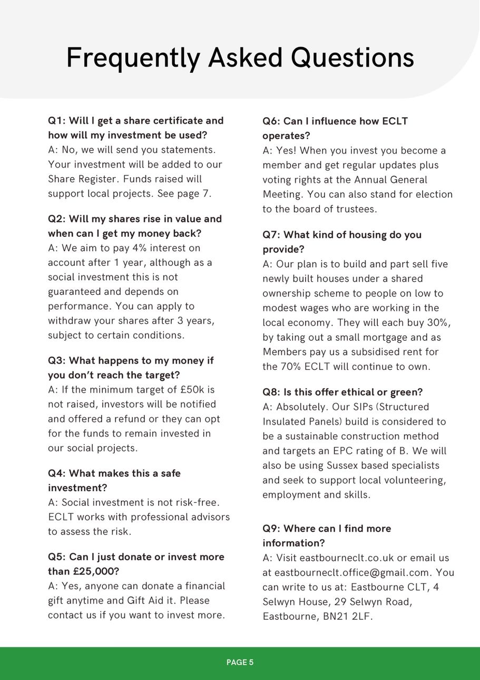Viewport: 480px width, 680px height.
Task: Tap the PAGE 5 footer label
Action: coord(240,662)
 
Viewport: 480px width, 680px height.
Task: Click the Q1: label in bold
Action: coord(57,121)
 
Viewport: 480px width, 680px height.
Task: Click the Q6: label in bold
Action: coord(272,121)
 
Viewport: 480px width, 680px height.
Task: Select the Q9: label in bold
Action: coord(272,529)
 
